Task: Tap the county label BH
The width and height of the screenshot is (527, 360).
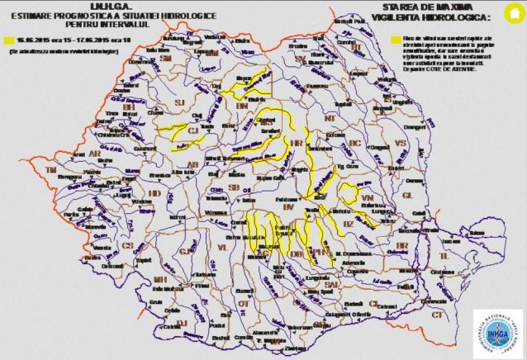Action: click(128, 107)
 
